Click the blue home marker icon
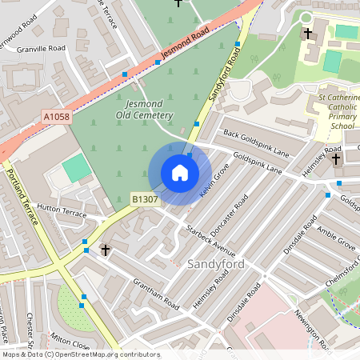180,173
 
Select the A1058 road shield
56,117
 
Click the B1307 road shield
145,198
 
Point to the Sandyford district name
212,263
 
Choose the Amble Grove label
336,243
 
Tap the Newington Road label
313,329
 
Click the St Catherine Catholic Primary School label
336,112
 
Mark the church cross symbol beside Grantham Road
105,250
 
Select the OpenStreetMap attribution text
80,354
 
